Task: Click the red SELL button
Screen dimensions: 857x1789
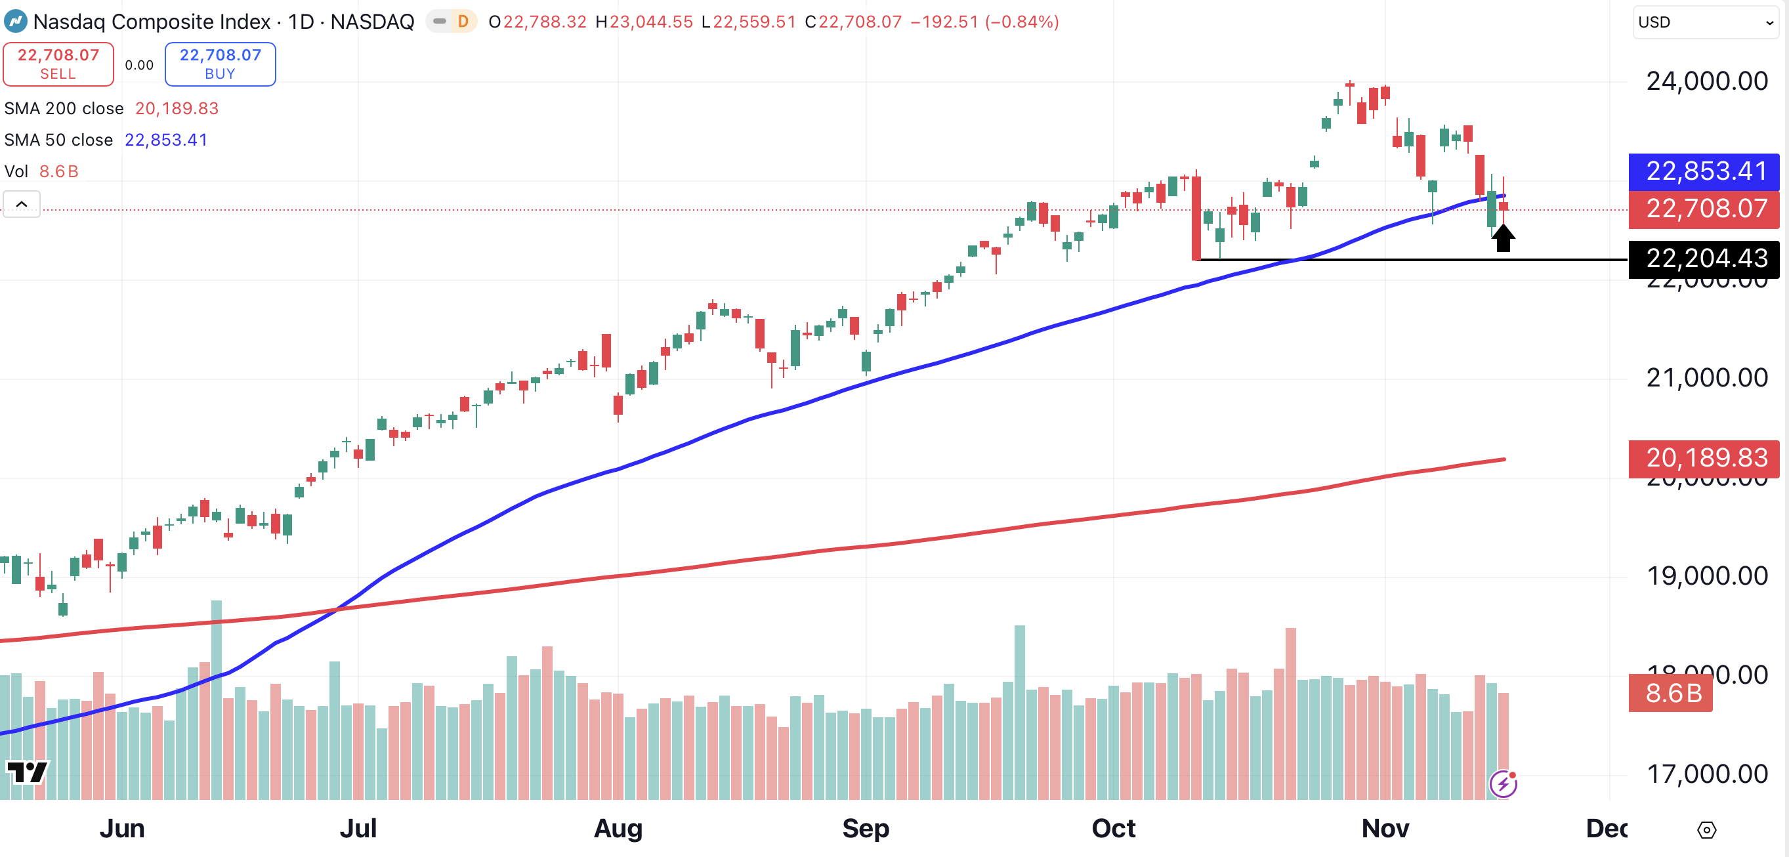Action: click(x=58, y=64)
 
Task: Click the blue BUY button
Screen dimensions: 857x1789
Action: click(x=220, y=64)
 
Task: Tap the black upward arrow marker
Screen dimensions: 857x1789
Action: click(x=1503, y=238)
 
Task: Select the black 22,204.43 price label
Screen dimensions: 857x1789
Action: click(x=1706, y=259)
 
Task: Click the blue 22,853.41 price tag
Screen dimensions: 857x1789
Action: click(x=1706, y=171)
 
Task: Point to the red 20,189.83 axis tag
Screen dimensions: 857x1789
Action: click(x=1706, y=457)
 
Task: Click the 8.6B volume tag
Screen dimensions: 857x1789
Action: click(x=1672, y=692)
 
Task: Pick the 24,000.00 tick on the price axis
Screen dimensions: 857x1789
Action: click(x=1706, y=81)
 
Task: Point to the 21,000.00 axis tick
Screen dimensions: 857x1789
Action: click(x=1706, y=378)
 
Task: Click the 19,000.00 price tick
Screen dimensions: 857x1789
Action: click(x=1706, y=575)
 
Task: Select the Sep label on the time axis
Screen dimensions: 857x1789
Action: click(x=866, y=829)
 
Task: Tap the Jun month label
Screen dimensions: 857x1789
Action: click(x=122, y=829)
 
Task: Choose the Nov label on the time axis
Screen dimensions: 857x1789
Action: click(x=1385, y=829)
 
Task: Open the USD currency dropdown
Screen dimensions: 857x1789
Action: click(x=1706, y=22)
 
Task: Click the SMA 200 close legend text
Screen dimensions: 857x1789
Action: click(x=64, y=108)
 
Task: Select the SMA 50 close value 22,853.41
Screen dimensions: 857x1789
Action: click(x=166, y=140)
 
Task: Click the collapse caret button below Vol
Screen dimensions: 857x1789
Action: click(x=22, y=204)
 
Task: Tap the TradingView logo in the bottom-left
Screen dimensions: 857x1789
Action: click(x=27, y=772)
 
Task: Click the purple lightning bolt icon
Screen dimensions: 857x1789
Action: click(x=1504, y=784)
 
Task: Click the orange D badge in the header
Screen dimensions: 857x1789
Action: click(x=463, y=22)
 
